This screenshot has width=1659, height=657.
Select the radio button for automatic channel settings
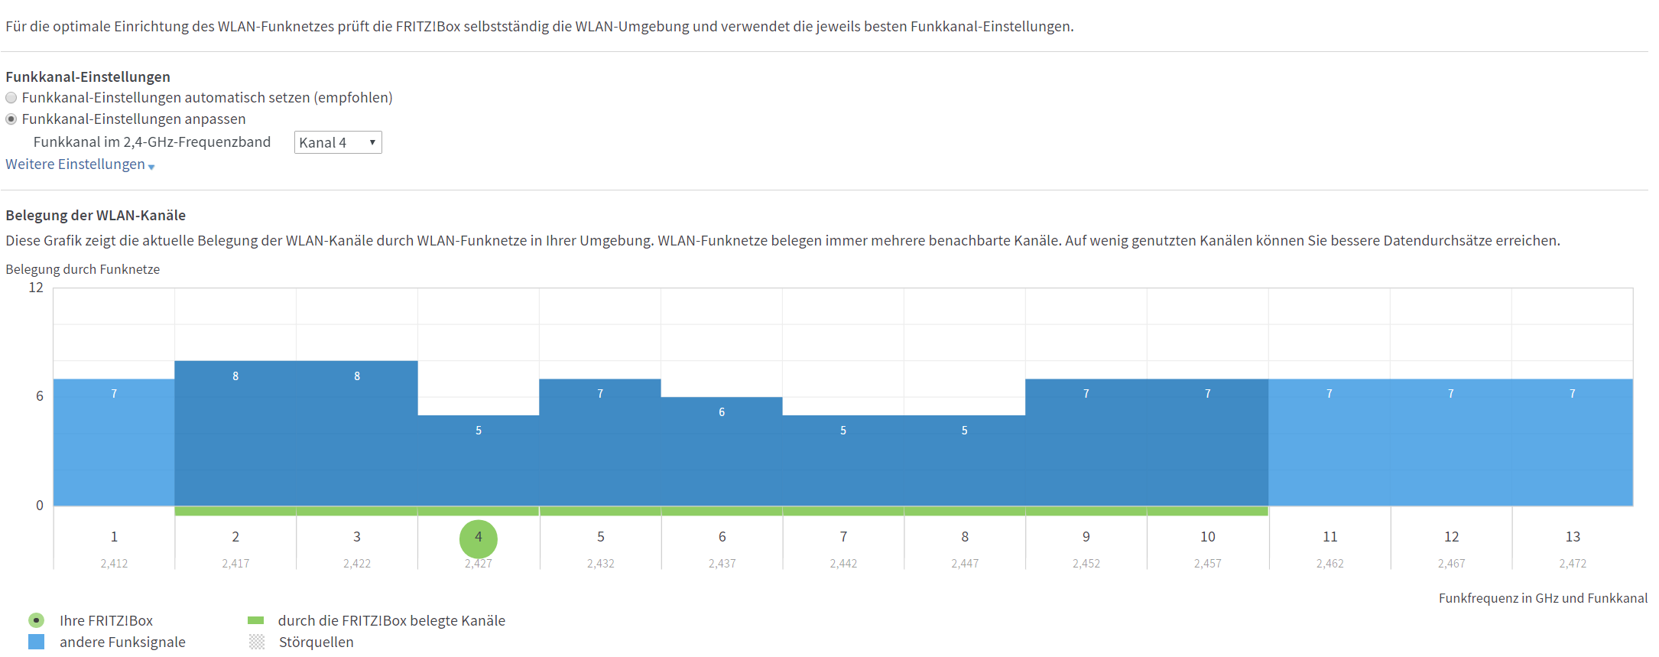tap(11, 98)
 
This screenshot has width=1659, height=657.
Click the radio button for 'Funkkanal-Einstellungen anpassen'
tap(11, 119)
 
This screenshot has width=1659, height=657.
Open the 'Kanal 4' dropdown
tap(338, 142)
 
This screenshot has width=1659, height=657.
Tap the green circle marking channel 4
tap(479, 539)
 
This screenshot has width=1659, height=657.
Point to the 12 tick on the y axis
tap(36, 288)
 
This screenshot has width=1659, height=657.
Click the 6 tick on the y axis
tap(40, 396)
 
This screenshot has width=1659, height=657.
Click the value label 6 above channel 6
tap(722, 412)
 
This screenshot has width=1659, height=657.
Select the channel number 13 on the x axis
tap(1573, 537)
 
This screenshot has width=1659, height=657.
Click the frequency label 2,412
tap(114, 564)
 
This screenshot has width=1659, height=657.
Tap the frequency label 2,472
tap(1573, 564)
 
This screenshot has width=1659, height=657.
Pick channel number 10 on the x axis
tap(1208, 537)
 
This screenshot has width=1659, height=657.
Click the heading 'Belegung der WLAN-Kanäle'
tap(96, 216)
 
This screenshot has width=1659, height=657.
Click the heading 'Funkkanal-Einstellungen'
tap(88, 76)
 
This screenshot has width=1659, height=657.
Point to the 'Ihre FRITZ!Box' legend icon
tap(36, 620)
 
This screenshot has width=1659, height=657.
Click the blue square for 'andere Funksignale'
tap(36, 642)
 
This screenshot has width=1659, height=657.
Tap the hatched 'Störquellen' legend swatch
tap(257, 642)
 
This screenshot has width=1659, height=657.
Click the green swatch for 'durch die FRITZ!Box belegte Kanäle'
tap(256, 620)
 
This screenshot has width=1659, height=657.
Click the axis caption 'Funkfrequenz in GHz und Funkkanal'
tap(1543, 598)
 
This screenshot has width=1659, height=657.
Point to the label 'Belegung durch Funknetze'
tap(83, 269)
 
